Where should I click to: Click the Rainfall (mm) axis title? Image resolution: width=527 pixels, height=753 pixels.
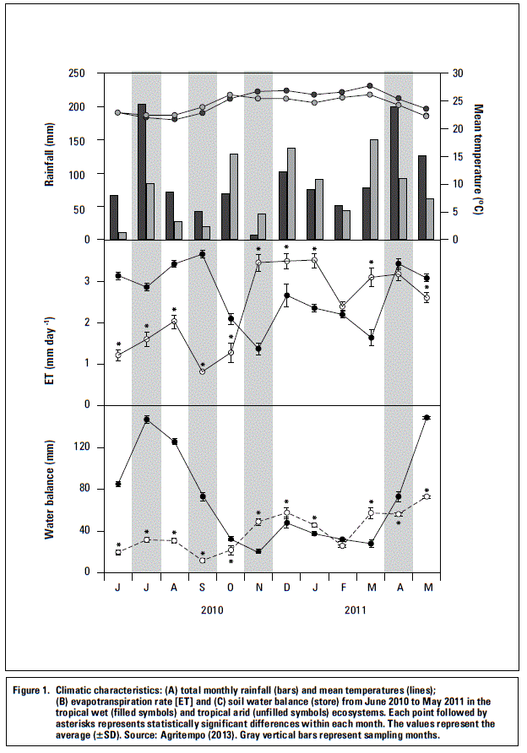click(x=73, y=156)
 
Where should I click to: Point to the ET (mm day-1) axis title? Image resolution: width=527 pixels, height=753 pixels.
click(x=73, y=323)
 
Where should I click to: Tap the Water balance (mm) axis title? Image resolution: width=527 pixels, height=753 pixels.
click(x=73, y=490)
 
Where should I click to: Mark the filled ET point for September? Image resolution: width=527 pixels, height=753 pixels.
click(x=203, y=254)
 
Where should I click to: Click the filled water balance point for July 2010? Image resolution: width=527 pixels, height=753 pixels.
click(x=147, y=420)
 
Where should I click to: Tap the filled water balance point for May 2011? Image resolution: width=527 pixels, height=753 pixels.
click(x=426, y=418)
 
